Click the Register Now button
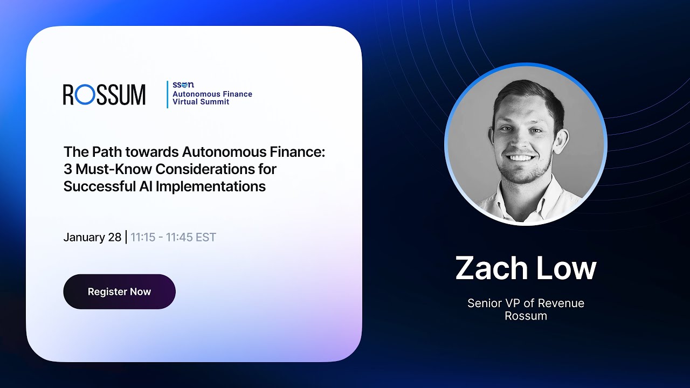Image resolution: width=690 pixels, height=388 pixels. [x=119, y=292]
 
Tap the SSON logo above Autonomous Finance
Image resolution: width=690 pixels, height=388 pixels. [x=183, y=85]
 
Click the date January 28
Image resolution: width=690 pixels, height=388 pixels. [x=92, y=237]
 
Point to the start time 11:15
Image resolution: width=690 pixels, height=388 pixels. [x=143, y=237]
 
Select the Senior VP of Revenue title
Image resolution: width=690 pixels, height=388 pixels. [x=526, y=303]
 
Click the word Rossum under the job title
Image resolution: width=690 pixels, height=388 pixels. [x=526, y=316]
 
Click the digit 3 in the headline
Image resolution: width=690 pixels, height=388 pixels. [x=67, y=169]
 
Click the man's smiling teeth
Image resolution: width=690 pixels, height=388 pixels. [x=521, y=158]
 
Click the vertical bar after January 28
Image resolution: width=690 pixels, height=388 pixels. [x=126, y=237]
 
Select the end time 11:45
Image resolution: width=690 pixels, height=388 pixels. [x=180, y=237]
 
